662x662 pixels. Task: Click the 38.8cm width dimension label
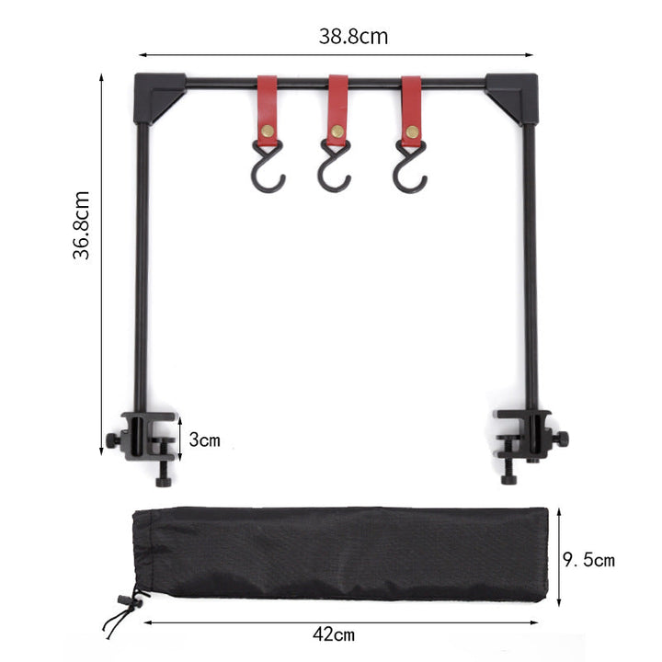pyautogui.click(x=353, y=37)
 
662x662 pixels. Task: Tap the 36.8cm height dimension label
pyautogui.click(x=84, y=225)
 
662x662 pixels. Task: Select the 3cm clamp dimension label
pyautogui.click(x=205, y=439)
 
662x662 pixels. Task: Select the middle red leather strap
pyautogui.click(x=338, y=108)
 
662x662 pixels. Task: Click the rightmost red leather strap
pyautogui.click(x=411, y=108)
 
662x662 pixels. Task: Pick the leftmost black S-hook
pyautogui.click(x=269, y=169)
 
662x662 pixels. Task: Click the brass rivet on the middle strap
pyautogui.click(x=338, y=131)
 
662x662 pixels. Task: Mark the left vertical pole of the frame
pyautogui.click(x=141, y=267)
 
